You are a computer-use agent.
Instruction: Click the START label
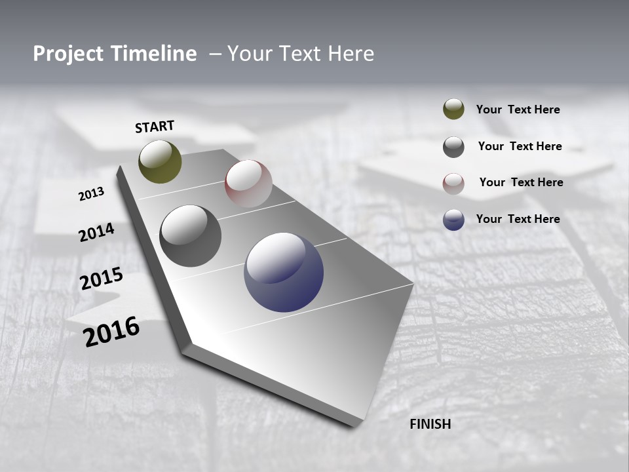pyautogui.click(x=155, y=127)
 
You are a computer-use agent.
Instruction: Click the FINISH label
pyautogui.click(x=430, y=424)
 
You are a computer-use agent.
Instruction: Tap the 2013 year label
pyautogui.click(x=91, y=194)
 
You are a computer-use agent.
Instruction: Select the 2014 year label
pyautogui.click(x=96, y=233)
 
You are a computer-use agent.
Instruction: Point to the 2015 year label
pyautogui.click(x=102, y=279)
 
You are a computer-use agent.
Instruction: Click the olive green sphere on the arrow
pyautogui.click(x=160, y=161)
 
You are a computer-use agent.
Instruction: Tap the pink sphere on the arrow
pyautogui.click(x=248, y=183)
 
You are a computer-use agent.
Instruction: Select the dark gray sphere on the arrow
pyautogui.click(x=190, y=236)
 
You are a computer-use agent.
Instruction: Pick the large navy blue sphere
pyautogui.click(x=284, y=272)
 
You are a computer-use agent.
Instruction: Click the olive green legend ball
pyautogui.click(x=453, y=109)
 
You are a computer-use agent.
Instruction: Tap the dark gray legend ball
pyautogui.click(x=453, y=147)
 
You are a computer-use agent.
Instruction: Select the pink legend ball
pyautogui.click(x=453, y=184)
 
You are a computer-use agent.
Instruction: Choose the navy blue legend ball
pyautogui.click(x=453, y=220)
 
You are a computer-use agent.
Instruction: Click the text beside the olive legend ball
pyautogui.click(x=518, y=109)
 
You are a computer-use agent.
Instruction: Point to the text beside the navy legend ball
pyautogui.click(x=518, y=219)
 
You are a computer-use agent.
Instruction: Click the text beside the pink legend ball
pyautogui.click(x=521, y=182)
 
